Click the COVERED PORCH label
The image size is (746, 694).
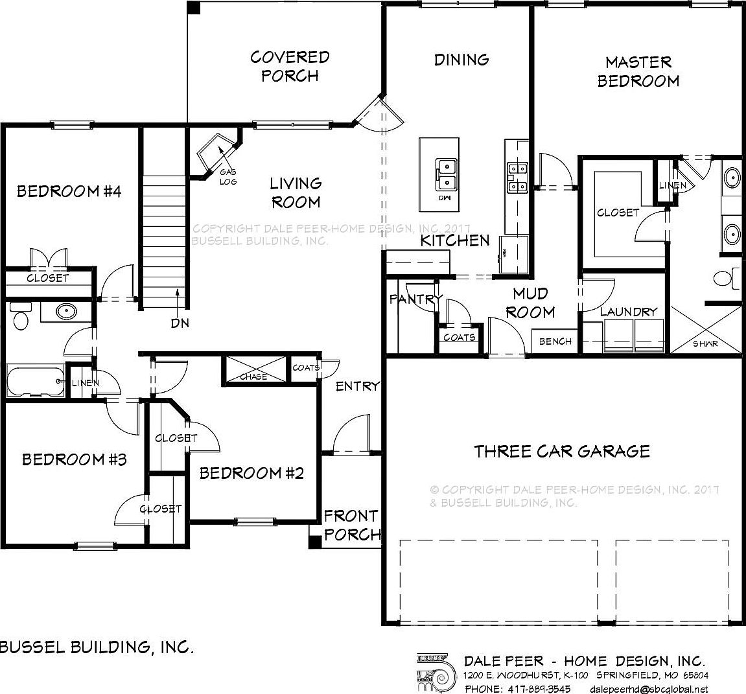(290, 66)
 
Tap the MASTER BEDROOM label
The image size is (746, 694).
(638, 71)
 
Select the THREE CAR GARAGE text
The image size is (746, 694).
(562, 450)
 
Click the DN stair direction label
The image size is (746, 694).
(180, 323)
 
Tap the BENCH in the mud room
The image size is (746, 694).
(555, 341)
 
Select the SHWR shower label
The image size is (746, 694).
(705, 343)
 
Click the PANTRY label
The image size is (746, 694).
(415, 299)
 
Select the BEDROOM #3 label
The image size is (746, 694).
(74, 459)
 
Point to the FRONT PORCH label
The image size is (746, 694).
(351, 525)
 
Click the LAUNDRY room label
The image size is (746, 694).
(628, 312)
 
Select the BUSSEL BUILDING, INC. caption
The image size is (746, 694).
(97, 647)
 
